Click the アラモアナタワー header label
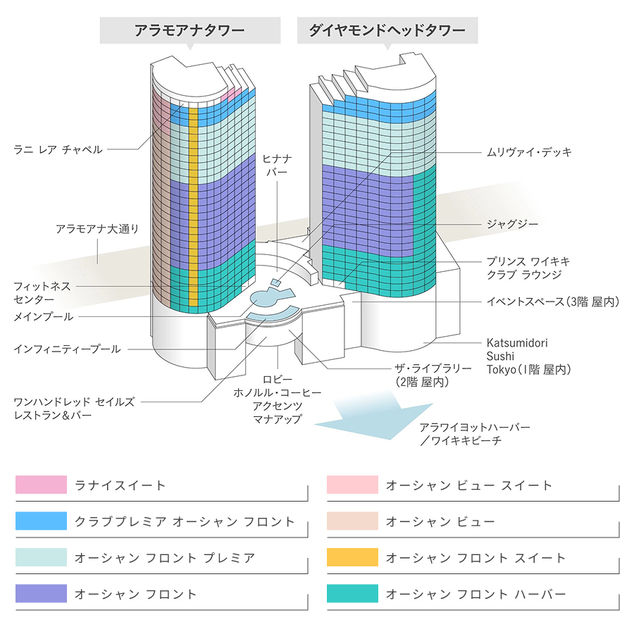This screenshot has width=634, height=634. (189, 31)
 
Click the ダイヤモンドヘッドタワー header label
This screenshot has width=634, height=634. (387, 31)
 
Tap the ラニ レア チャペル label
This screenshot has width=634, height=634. (58, 149)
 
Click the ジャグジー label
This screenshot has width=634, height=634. (512, 224)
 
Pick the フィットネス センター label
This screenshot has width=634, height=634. (42, 292)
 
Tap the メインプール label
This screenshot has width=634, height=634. (43, 317)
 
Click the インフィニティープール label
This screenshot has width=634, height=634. (67, 349)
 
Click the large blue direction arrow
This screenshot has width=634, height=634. (373, 419)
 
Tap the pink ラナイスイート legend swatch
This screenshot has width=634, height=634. (41, 485)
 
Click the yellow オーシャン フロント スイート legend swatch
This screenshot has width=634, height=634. (352, 557)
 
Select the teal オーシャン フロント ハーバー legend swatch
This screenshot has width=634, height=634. (352, 594)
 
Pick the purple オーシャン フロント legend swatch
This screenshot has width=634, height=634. (41, 594)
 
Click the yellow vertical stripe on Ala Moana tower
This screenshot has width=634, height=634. (193, 211)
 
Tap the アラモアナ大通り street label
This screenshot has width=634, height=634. (97, 229)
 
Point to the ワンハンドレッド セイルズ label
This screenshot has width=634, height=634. (74, 408)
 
